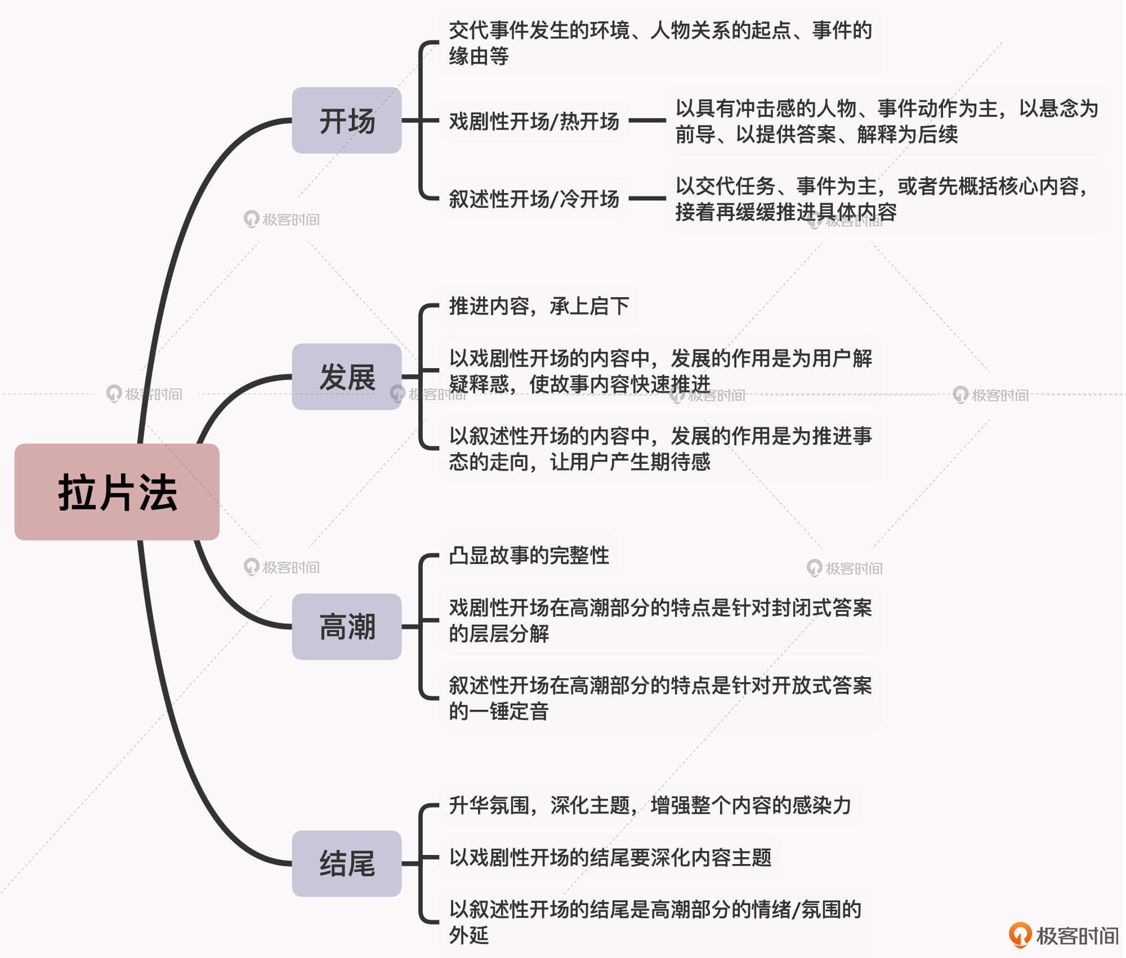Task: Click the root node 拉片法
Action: [x=117, y=492]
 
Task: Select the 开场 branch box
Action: [x=347, y=120]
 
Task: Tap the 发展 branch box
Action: [x=347, y=377]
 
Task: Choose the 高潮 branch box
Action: [x=347, y=626]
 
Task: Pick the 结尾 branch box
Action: [x=347, y=863]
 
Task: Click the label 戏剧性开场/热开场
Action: [x=534, y=121]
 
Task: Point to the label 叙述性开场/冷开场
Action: [x=534, y=199]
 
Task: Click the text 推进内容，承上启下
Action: [x=539, y=306]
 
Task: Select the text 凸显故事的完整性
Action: [x=529, y=556]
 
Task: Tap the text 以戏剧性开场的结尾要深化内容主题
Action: [x=610, y=858]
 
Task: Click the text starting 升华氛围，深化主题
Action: [x=650, y=805]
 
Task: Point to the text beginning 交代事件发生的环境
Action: [x=660, y=43]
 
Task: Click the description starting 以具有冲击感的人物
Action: [x=887, y=121]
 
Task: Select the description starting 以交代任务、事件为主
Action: [x=881, y=199]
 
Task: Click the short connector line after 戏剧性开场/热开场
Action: [x=647, y=120]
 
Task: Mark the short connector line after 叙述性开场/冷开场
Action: [x=647, y=198]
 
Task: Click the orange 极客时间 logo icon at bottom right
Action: [x=1020, y=934]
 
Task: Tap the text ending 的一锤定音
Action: [x=660, y=699]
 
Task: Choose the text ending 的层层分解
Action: [x=660, y=620]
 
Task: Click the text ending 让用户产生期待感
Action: [x=660, y=449]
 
